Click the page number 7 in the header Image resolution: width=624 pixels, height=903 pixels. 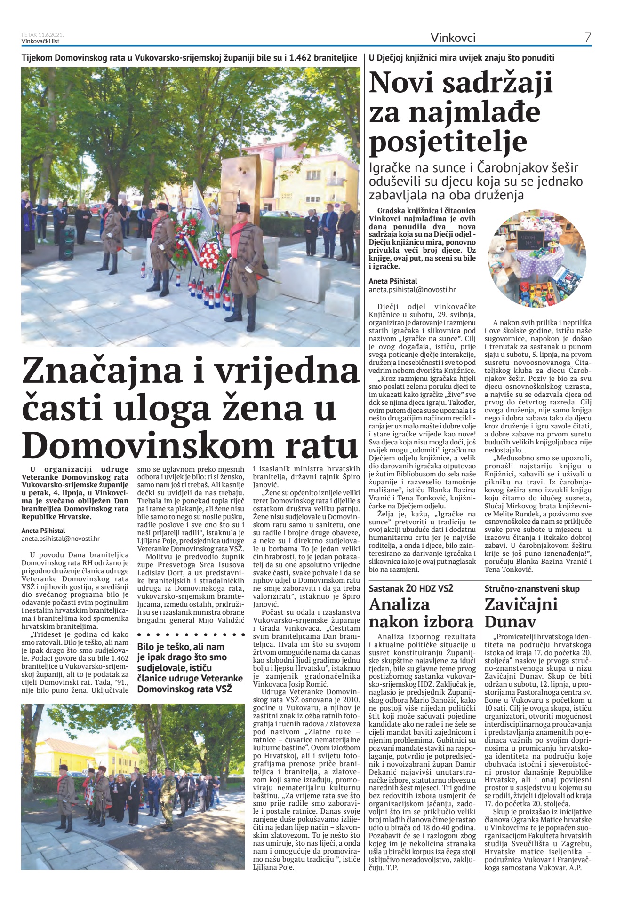[588, 38]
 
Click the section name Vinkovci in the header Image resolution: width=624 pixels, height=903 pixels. [453, 38]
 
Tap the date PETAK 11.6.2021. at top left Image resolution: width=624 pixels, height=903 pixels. [42, 35]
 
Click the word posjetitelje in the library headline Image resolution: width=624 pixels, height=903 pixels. [448, 142]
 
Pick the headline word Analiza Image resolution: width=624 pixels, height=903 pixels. [399, 604]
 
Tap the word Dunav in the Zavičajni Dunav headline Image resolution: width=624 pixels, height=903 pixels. [510, 622]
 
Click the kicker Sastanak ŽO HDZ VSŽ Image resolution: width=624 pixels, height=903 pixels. [411, 588]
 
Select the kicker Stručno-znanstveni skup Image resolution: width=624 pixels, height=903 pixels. [532, 588]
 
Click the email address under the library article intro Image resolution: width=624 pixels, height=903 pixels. [412, 290]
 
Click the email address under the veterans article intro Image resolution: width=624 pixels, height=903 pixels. [61, 539]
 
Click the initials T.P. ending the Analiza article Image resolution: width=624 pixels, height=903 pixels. [392, 868]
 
